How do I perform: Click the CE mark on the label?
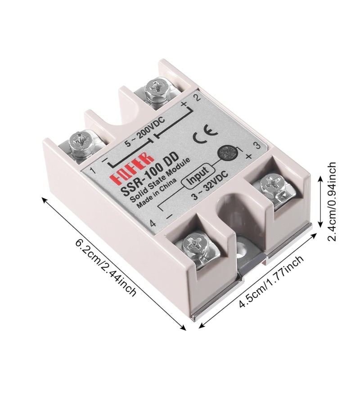click(205, 134)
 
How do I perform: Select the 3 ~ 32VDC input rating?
click(210, 186)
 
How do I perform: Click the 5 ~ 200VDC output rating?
click(145, 132)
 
